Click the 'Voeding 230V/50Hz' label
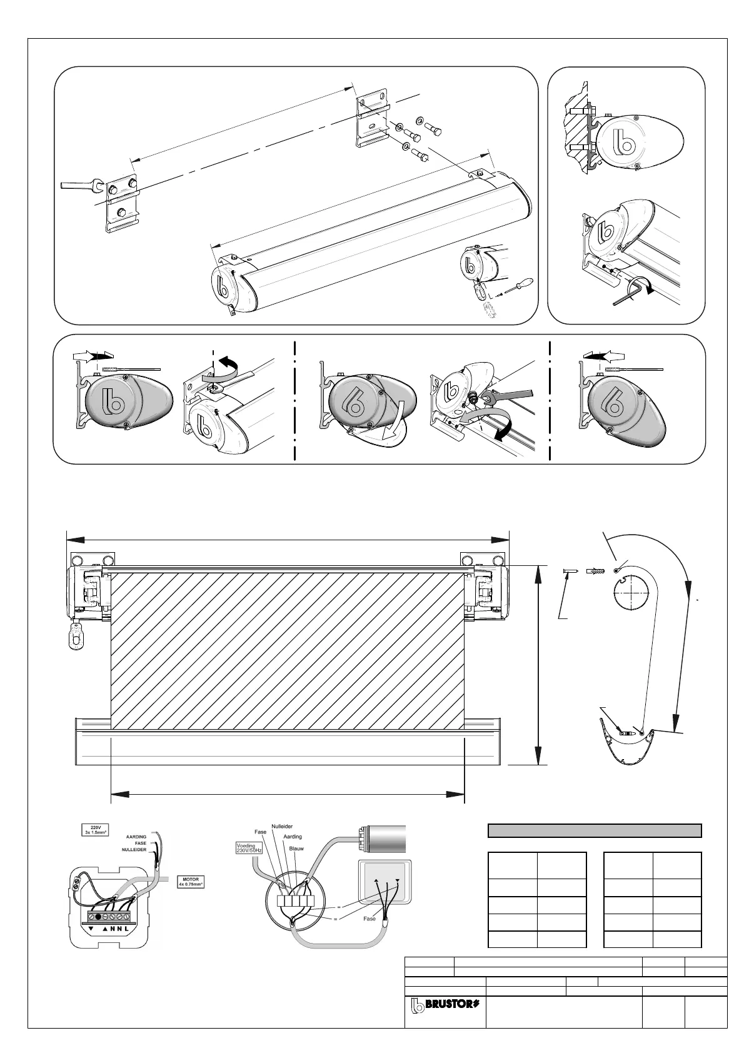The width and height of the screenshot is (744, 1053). (249, 848)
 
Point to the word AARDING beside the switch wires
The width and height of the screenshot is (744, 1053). (136, 837)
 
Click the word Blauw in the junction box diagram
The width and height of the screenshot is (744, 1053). (296, 849)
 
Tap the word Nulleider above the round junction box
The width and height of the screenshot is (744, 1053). (282, 827)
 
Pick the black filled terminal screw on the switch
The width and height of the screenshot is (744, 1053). (98, 917)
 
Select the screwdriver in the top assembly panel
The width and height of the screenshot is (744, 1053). (516, 287)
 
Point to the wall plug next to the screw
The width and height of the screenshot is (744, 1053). (595, 570)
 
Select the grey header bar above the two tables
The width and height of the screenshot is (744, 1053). (594, 830)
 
